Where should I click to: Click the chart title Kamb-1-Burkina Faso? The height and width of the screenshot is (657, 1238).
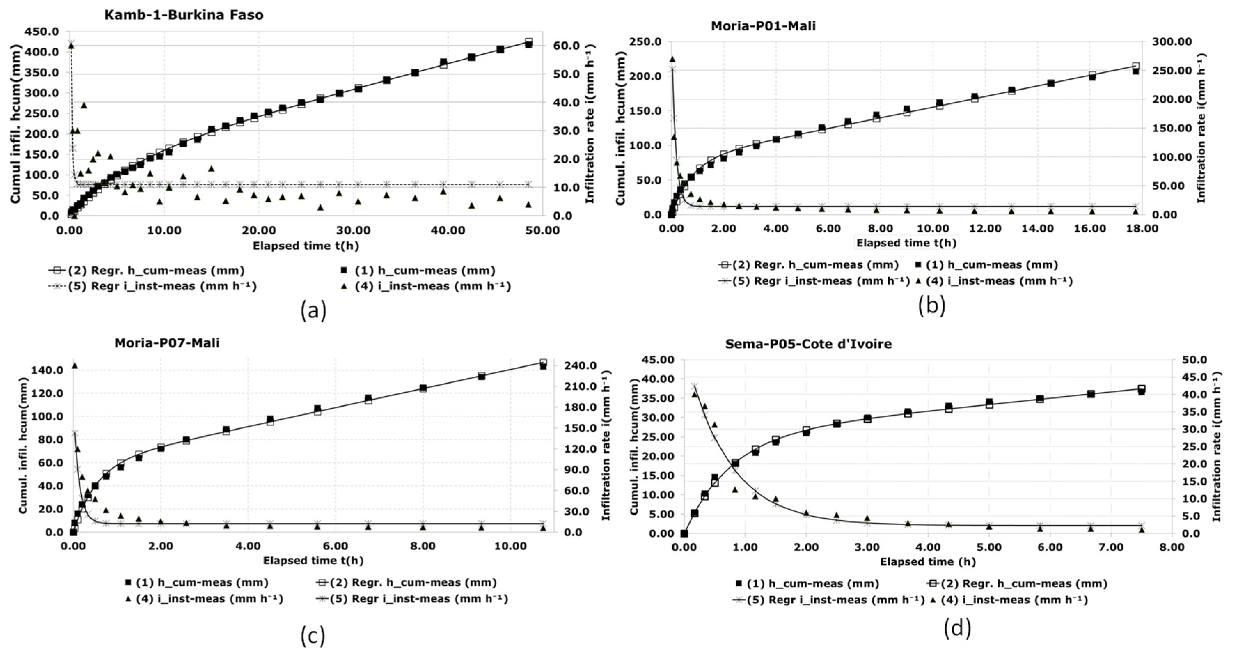click(184, 15)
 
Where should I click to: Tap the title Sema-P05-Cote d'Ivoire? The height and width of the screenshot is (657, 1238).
click(809, 344)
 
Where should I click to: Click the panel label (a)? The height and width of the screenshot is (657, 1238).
click(313, 310)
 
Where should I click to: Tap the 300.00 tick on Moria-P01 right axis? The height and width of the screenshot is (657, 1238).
click(1172, 42)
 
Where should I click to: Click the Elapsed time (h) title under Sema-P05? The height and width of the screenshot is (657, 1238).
click(928, 562)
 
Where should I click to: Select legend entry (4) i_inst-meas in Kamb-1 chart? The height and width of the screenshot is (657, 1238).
click(432, 286)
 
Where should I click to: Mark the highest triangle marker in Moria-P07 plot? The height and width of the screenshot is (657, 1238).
click(74, 365)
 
